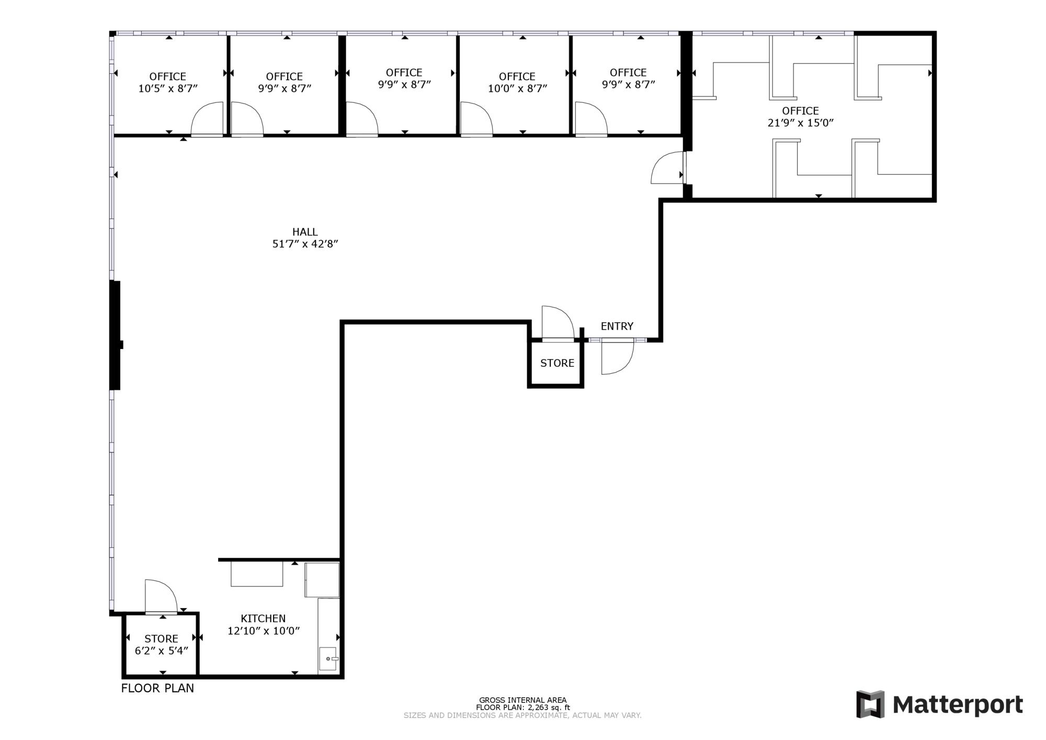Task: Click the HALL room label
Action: [305, 232]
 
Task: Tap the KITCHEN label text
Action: [263, 619]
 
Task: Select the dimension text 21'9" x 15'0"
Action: [800, 123]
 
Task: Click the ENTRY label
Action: [617, 327]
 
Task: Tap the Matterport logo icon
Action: [870, 704]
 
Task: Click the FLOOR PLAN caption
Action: [157, 688]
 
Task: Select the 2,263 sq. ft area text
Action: [549, 708]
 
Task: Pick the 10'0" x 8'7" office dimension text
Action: [518, 89]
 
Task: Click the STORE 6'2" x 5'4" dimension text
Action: [162, 651]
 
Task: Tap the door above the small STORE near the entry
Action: [558, 323]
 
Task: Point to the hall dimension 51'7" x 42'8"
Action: [305, 244]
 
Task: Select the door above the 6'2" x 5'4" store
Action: [161, 597]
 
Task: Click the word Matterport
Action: [958, 705]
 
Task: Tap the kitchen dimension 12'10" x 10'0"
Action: [264, 631]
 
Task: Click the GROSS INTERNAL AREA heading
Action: [523, 700]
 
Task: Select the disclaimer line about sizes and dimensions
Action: [522, 715]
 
